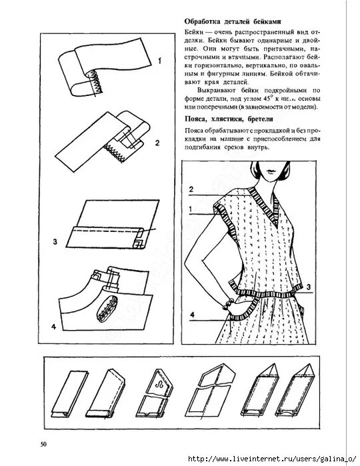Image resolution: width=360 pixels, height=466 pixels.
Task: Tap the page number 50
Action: click(43, 444)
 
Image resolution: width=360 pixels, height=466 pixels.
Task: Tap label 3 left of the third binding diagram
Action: click(56, 241)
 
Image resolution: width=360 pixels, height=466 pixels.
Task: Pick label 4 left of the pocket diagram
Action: click(53, 327)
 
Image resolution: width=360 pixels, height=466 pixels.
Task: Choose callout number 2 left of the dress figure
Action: click(191, 189)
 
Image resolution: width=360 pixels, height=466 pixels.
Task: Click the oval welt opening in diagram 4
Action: click(105, 312)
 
